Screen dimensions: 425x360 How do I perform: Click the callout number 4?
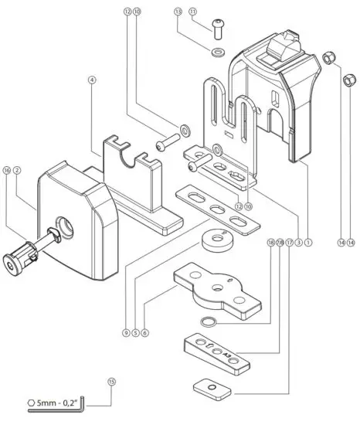click(91, 79)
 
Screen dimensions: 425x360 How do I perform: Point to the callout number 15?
click(112, 381)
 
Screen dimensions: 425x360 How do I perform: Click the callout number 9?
click(124, 333)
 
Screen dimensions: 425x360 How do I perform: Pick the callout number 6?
click(144, 333)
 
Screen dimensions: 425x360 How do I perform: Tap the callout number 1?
click(308, 243)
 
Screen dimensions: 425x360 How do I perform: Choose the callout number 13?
click(178, 12)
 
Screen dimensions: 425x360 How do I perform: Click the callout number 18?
click(270, 242)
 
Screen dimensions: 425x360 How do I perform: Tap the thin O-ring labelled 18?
click(207, 320)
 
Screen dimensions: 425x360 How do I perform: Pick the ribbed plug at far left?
click(22, 260)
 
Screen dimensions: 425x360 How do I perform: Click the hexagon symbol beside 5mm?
click(30, 403)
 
